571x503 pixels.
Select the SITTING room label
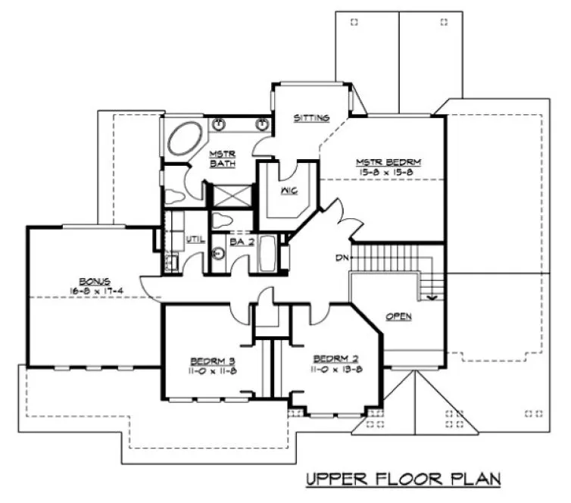click(311, 118)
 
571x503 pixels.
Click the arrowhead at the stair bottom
click(431, 298)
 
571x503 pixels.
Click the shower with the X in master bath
click(225, 195)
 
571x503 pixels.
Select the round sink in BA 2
click(217, 255)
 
